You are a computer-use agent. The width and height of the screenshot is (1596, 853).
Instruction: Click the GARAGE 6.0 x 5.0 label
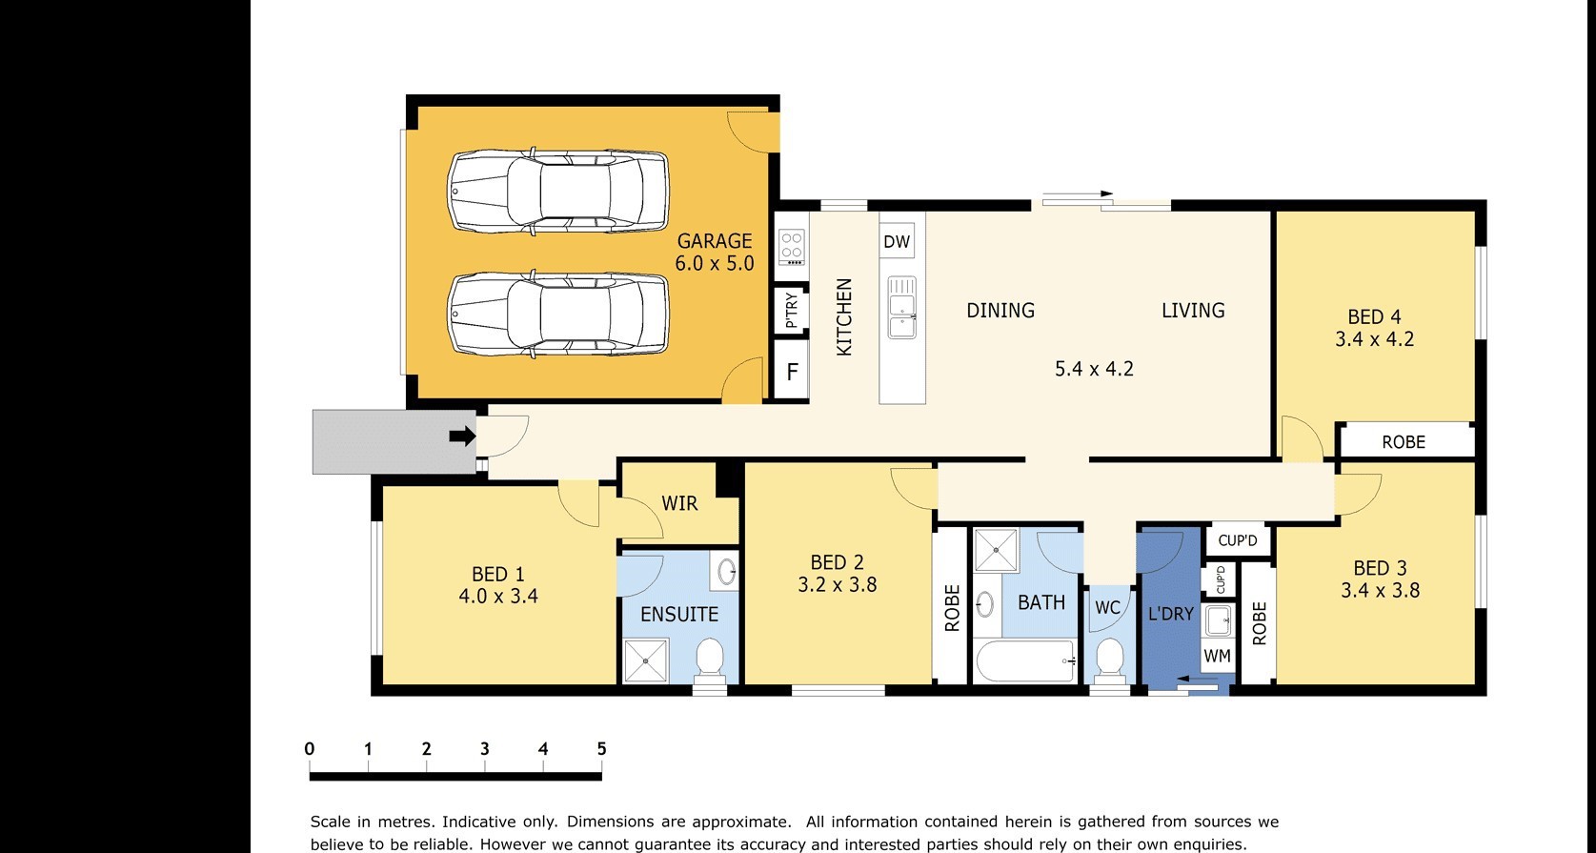click(714, 253)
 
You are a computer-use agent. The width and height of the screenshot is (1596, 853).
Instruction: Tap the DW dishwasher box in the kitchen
click(897, 241)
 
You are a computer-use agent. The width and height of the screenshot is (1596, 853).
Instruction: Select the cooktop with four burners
click(792, 247)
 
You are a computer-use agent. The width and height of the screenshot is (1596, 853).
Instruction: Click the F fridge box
click(792, 372)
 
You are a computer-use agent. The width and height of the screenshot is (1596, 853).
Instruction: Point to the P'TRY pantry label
click(791, 310)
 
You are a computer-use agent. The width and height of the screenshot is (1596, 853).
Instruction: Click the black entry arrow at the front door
click(462, 436)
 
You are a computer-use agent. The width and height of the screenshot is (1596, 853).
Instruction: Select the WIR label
click(679, 503)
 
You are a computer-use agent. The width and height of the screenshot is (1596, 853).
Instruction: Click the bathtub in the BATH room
click(1025, 660)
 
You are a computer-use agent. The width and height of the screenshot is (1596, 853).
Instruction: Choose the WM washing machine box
click(1217, 655)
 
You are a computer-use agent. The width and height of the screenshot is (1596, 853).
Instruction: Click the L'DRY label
click(1171, 614)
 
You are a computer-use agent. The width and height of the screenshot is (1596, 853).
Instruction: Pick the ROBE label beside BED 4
click(1404, 442)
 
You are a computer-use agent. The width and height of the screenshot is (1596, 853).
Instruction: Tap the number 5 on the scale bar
click(601, 749)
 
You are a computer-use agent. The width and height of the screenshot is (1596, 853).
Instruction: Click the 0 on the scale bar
click(310, 749)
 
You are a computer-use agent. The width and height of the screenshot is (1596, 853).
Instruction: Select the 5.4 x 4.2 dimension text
click(1094, 369)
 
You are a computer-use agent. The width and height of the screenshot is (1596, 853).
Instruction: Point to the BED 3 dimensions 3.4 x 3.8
click(1380, 590)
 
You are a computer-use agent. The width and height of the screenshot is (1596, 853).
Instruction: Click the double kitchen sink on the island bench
click(902, 308)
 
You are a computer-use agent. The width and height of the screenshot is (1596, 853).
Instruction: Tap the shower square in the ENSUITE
click(645, 660)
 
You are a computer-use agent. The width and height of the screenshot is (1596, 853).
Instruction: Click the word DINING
click(1000, 310)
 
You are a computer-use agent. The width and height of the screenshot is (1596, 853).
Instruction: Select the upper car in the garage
click(558, 191)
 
